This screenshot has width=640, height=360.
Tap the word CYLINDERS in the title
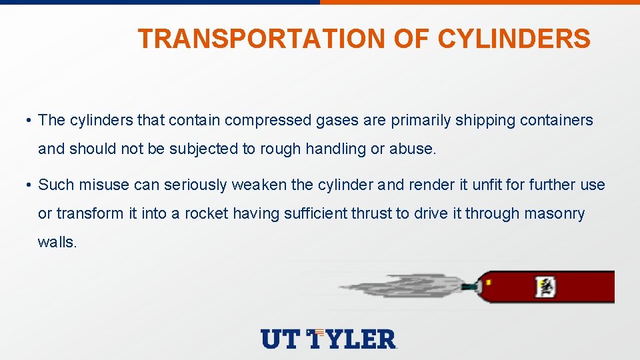pos(513,39)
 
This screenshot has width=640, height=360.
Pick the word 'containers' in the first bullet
pos(556,121)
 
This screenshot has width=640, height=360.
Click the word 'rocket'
pos(207,214)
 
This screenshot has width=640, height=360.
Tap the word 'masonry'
pos(554,214)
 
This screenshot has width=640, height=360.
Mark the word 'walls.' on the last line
pos(58,243)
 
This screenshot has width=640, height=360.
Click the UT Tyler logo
pos(329,339)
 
